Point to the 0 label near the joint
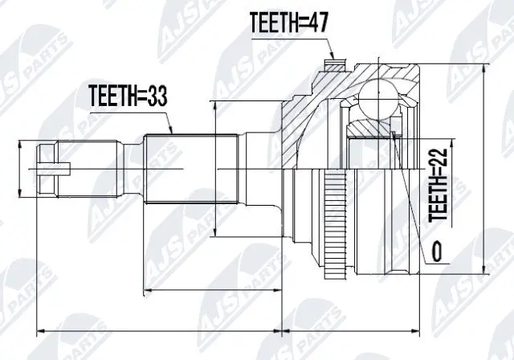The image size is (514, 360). (x=437, y=253)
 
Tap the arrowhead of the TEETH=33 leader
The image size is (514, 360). (x=170, y=130)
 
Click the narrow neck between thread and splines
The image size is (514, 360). (x=132, y=168)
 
